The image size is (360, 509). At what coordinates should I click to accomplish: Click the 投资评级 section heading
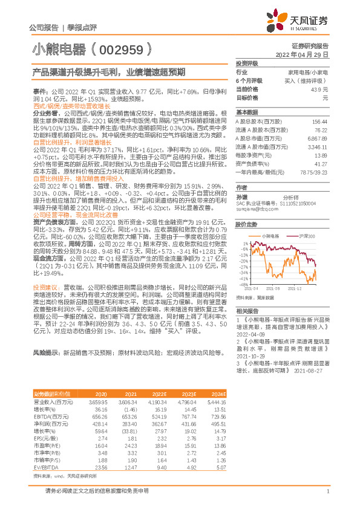(247, 63)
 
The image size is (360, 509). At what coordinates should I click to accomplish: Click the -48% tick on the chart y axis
(242, 284)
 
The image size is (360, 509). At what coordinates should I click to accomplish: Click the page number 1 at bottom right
(327, 491)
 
